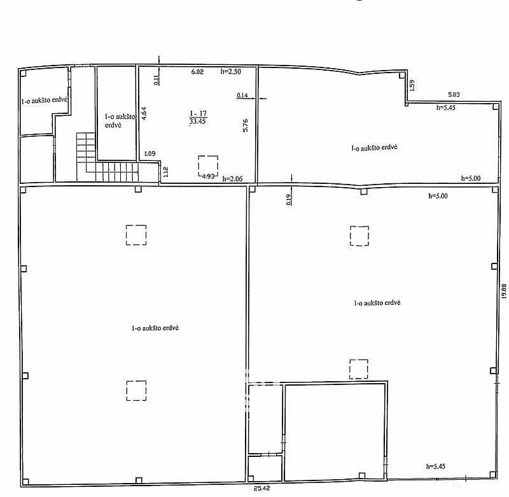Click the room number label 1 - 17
tap(199, 114)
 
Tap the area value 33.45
tap(198, 121)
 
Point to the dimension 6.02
tap(197, 72)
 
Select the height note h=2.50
tap(231, 71)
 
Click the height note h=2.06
tap(232, 179)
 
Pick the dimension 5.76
tap(246, 125)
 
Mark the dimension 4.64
tap(144, 113)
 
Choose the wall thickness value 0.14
tap(242, 95)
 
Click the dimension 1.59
tap(412, 85)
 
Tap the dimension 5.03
tap(454, 94)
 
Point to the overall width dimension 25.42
tap(261, 488)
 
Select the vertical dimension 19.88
tap(503, 291)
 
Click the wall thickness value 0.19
tap(289, 200)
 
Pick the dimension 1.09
tap(150, 153)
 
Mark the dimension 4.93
tap(209, 176)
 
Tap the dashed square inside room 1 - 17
tap(208, 166)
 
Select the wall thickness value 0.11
tap(157, 80)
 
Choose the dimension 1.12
tap(166, 172)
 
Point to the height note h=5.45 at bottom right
tap(436, 466)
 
